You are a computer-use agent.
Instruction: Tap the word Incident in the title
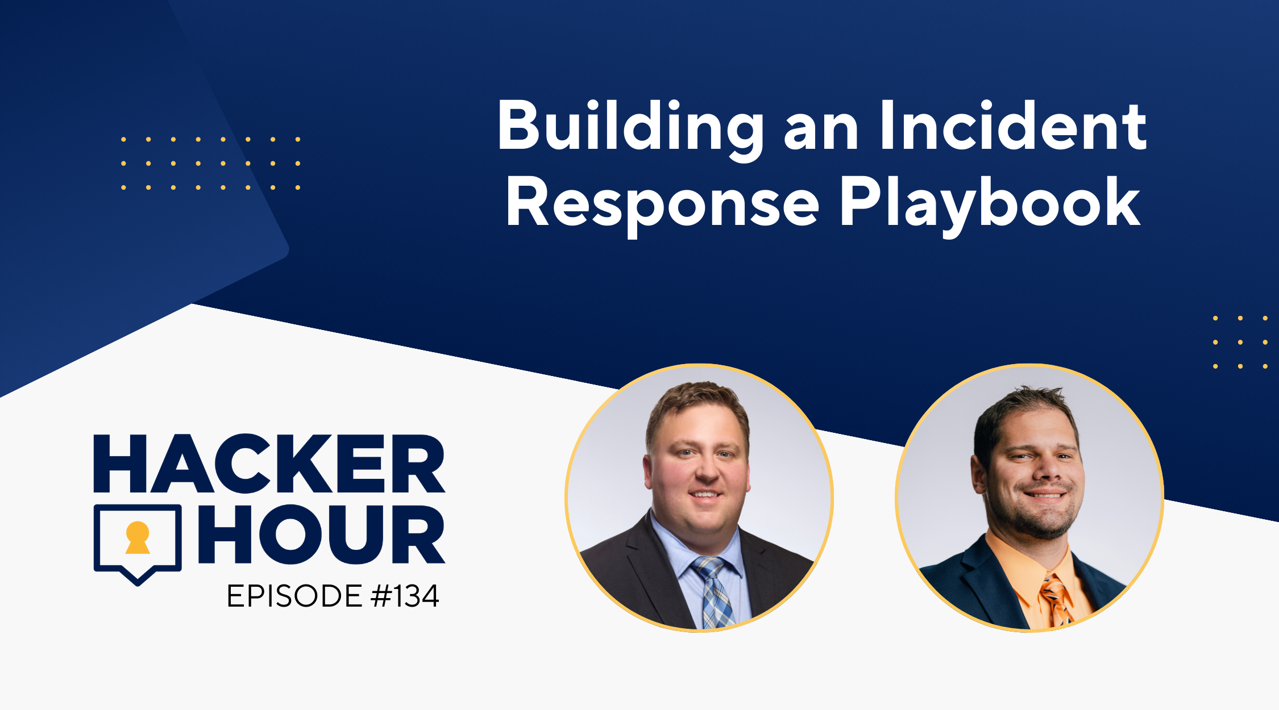point(1014,126)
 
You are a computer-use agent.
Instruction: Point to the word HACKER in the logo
point(269,463)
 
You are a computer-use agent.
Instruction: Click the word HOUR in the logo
point(321,534)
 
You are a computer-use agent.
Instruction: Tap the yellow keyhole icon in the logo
point(138,537)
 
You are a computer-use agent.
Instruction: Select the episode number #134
point(405,596)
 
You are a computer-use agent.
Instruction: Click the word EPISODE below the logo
point(294,596)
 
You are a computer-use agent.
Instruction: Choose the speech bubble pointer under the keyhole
point(138,576)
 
